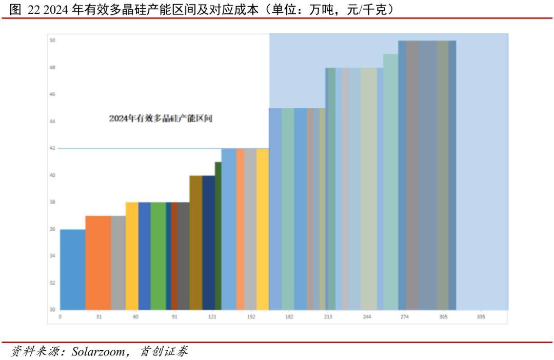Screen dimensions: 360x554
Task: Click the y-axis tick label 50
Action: (x=52, y=41)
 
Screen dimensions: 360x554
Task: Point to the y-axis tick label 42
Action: (x=52, y=148)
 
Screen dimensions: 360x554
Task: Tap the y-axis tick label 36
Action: (x=52, y=229)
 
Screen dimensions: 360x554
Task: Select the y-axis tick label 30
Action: (x=52, y=310)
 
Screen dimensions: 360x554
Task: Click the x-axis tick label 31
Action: (x=98, y=317)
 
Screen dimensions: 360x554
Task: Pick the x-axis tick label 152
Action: (x=251, y=317)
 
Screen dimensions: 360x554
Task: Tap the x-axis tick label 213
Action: (x=328, y=317)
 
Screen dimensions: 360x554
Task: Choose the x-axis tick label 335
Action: (x=481, y=317)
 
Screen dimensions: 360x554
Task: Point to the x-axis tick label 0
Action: (x=60, y=317)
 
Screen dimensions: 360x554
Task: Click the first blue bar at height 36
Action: (x=72, y=269)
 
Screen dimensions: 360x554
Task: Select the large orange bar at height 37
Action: (x=98, y=263)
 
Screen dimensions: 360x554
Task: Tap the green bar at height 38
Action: (x=158, y=256)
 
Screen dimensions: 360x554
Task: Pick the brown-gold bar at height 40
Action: (x=196, y=243)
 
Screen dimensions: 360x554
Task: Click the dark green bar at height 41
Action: (x=218, y=236)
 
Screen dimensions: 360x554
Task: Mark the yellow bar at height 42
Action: (x=263, y=229)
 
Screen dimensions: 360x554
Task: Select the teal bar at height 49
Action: (x=390, y=182)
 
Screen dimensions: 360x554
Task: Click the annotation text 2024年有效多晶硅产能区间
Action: (x=161, y=118)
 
